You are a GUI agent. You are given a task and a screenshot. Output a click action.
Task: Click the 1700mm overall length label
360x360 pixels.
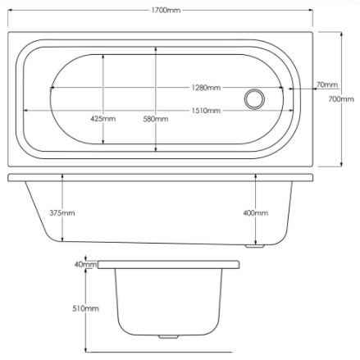click(166, 11)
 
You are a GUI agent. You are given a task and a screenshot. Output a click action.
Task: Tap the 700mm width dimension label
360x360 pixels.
click(341, 99)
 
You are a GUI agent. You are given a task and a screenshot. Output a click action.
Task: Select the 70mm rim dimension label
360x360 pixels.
click(327, 84)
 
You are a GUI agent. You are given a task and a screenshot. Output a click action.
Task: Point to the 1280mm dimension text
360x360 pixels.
click(206, 88)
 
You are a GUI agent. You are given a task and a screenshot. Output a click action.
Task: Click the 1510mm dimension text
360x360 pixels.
click(206, 111)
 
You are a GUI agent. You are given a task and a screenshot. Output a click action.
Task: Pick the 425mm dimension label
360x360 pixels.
click(103, 119)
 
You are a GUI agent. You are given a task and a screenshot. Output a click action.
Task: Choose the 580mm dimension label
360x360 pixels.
click(156, 119)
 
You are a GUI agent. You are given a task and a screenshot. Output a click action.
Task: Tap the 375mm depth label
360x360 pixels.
click(62, 213)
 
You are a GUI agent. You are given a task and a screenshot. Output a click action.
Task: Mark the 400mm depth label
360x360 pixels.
click(256, 213)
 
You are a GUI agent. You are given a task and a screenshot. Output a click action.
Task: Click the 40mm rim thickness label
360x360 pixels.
click(85, 264)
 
